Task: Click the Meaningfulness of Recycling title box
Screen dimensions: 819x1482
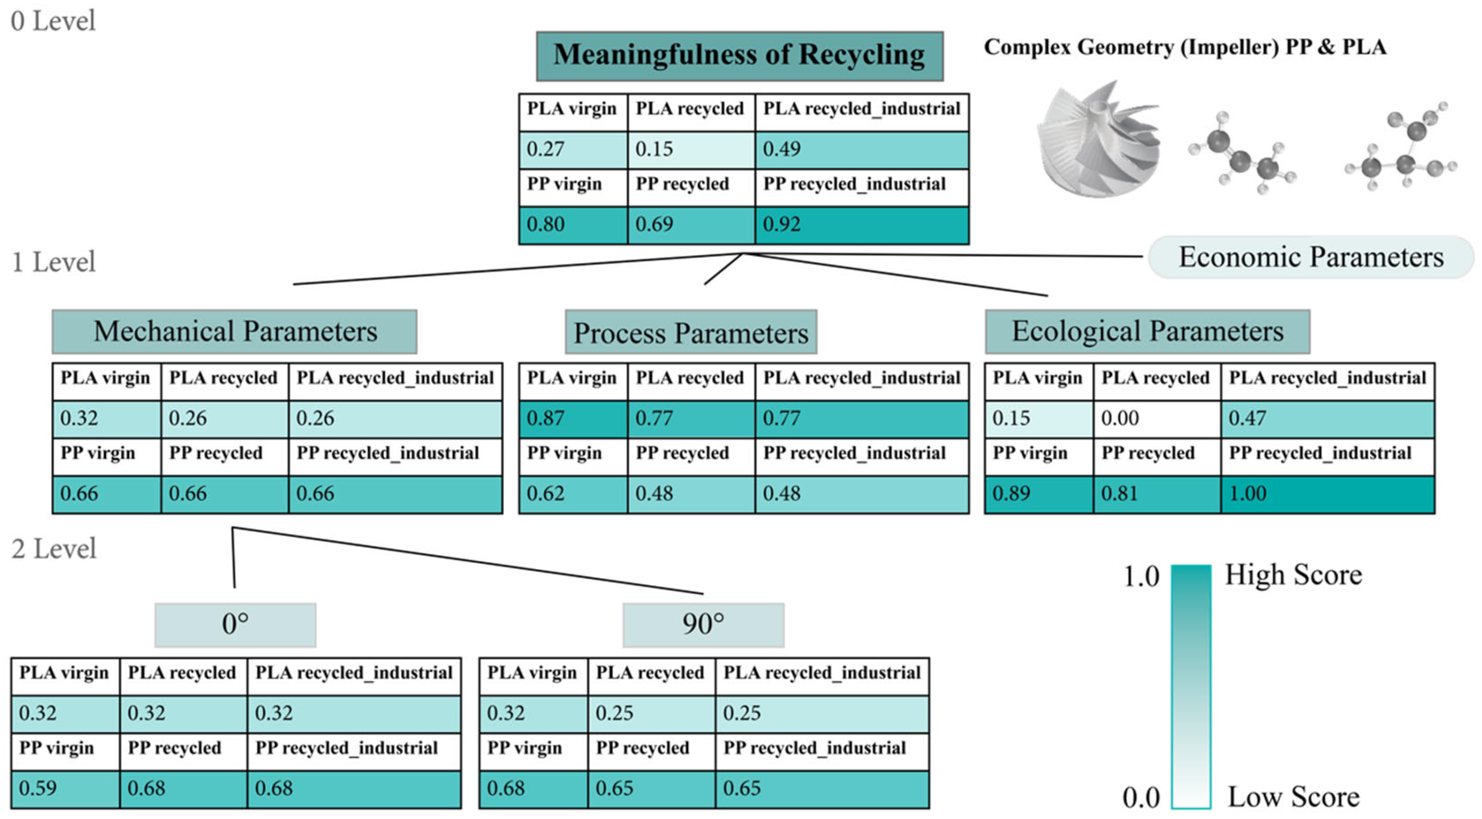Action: [739, 56]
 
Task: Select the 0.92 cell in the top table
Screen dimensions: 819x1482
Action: [861, 224]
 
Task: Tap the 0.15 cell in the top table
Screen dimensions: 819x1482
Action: [690, 150]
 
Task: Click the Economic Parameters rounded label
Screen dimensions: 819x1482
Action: [1310, 257]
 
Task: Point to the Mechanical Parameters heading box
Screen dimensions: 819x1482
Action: [234, 332]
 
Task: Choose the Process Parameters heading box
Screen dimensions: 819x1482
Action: [690, 333]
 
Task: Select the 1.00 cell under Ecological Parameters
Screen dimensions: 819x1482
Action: [1327, 494]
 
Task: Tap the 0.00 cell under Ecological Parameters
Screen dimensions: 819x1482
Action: [1157, 418]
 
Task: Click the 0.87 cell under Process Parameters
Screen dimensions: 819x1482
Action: [573, 418]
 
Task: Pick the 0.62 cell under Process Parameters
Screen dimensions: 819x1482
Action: [573, 494]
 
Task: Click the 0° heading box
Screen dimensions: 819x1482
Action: [235, 625]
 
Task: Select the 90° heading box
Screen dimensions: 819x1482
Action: [703, 625]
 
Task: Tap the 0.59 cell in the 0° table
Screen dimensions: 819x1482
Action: [65, 789]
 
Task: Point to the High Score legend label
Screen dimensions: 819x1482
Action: [1293, 574]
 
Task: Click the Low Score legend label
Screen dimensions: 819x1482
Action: [1293, 797]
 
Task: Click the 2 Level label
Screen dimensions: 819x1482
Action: [54, 549]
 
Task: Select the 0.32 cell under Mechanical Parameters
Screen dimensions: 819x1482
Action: [106, 418]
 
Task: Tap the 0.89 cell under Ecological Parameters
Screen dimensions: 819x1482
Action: [1038, 494]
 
